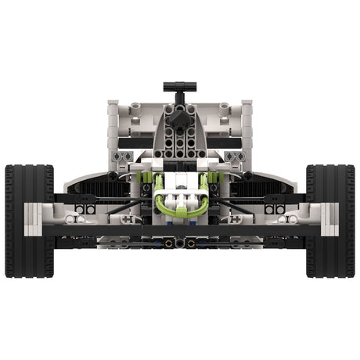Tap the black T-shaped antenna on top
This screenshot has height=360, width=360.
click(x=178, y=85)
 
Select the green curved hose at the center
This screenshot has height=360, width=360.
click(x=179, y=211)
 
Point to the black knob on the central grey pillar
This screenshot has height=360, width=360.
click(x=179, y=118)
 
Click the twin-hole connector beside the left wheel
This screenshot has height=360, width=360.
click(x=85, y=209)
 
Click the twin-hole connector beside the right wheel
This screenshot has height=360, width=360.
click(x=274, y=209)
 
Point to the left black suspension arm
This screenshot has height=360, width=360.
click(x=125, y=205)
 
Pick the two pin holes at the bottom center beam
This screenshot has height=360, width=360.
click(x=179, y=243)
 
